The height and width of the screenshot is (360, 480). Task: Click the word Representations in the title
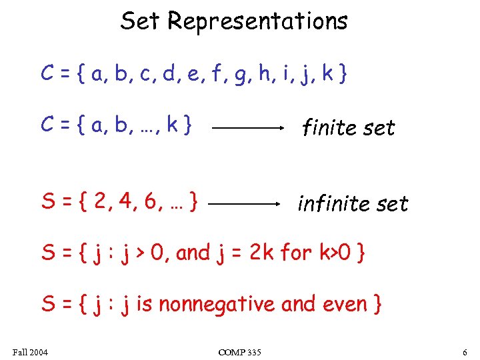coord(257,21)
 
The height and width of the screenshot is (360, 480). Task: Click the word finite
coord(327,127)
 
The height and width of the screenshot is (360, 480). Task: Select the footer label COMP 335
coord(239,351)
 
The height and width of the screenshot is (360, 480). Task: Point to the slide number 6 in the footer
coord(464,351)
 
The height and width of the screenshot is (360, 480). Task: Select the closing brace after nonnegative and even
coord(377,305)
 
